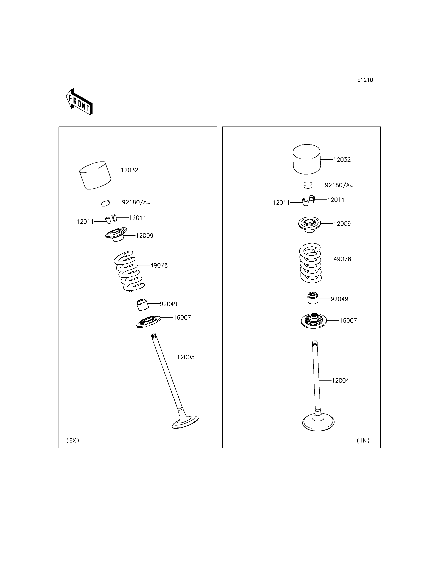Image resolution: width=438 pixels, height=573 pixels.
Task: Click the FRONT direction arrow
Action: point(79,102)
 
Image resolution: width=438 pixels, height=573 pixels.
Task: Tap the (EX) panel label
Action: point(73,440)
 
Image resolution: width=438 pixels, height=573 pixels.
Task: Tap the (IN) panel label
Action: point(363,440)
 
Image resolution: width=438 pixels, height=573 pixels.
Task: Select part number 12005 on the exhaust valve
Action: point(186,357)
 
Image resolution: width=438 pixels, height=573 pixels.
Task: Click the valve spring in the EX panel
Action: point(129,271)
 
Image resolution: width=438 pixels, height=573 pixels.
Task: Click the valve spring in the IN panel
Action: point(310,263)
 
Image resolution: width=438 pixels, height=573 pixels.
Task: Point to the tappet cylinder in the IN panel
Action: point(307,159)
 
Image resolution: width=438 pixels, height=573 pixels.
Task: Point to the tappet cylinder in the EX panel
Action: point(95,175)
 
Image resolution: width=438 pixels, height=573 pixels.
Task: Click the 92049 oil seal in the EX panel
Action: point(143,304)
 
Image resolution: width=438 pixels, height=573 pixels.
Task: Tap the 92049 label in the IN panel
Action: point(339,299)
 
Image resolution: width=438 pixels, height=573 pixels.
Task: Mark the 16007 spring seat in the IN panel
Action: point(314,321)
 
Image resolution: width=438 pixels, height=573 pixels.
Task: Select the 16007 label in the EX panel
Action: point(182,317)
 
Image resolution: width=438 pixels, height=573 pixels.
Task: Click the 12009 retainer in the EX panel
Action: point(116,234)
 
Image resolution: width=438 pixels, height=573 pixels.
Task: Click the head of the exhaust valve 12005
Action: point(185,422)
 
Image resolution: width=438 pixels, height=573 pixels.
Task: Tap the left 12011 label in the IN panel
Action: point(281,203)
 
